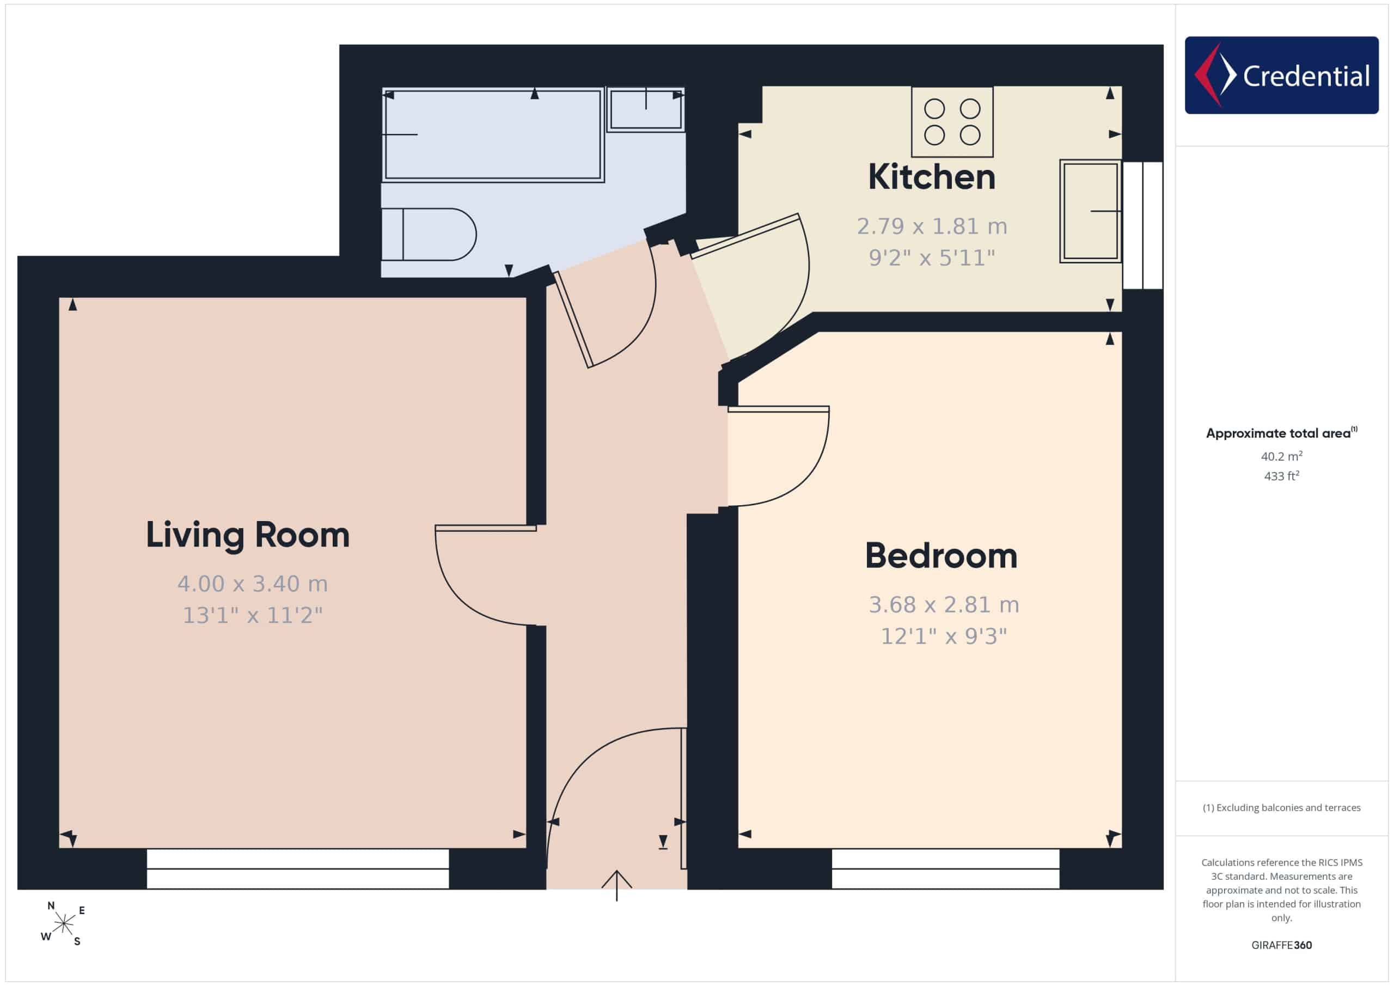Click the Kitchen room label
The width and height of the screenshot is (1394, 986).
click(931, 177)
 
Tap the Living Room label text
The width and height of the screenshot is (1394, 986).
click(248, 535)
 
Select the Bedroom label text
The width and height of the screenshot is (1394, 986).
click(941, 555)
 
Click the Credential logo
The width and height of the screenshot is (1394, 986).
click(1282, 75)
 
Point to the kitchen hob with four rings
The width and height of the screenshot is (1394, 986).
click(952, 121)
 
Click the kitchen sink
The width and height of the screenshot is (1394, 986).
click(1091, 211)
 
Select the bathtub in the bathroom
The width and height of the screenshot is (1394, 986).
click(493, 135)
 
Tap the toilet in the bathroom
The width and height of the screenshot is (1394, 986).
click(429, 234)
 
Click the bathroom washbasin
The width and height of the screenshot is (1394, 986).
click(646, 109)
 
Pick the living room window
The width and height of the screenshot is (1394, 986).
click(297, 869)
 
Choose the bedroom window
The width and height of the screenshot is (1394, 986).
click(945, 869)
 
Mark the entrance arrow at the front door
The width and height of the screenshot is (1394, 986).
click(617, 885)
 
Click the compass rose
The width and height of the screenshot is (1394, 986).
click(63, 924)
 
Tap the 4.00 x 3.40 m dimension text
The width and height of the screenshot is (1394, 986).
click(253, 584)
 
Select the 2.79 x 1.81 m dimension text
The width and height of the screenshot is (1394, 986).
click(932, 226)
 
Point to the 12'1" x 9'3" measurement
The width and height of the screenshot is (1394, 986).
click(944, 636)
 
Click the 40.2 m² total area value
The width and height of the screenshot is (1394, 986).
click(1282, 456)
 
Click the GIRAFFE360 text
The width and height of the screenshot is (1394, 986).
click(1282, 945)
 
